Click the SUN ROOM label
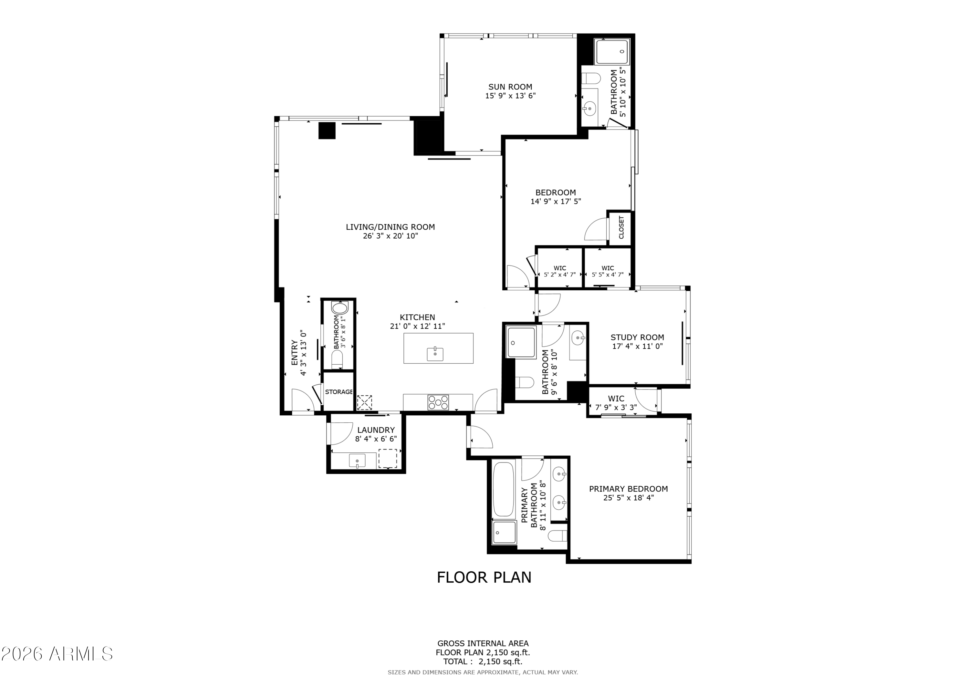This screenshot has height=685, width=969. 510,87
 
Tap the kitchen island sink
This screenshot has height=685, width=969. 435,354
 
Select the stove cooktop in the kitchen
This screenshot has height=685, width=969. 438,402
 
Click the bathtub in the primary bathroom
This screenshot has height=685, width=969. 503,489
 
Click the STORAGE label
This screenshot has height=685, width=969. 339,392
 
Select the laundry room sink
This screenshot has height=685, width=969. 357,461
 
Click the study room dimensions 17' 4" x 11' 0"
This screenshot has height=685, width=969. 637,346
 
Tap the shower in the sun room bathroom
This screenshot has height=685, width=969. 611,51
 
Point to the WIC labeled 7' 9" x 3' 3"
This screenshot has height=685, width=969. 616,403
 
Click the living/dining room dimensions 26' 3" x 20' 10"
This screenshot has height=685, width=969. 391,236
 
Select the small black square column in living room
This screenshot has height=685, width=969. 327,130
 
